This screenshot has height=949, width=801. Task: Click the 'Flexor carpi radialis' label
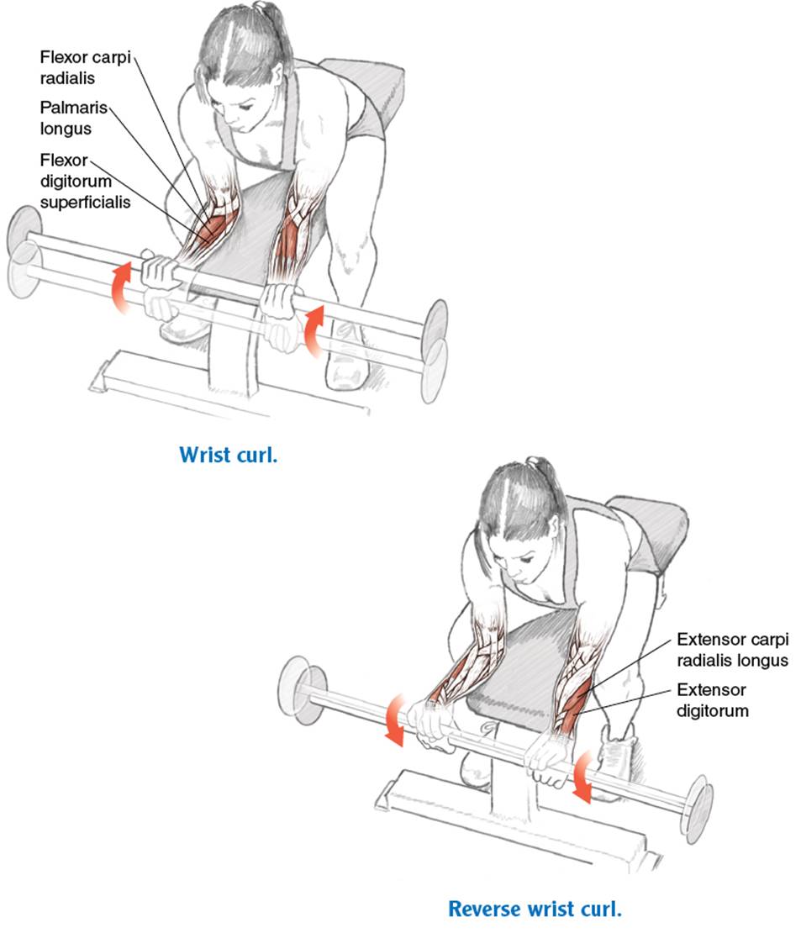point(85,67)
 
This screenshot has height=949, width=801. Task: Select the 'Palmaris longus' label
point(73,118)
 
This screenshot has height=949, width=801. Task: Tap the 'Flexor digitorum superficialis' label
point(85,181)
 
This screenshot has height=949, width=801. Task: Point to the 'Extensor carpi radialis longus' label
point(733,650)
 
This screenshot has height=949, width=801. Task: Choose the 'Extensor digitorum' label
point(712,699)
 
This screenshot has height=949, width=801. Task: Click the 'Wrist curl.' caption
point(228,455)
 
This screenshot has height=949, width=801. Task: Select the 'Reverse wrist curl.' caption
point(535,909)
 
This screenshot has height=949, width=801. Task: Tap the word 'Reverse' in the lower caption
point(485,909)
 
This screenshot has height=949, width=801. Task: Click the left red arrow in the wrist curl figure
point(120,288)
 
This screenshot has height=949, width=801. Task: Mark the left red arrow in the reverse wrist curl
point(394,720)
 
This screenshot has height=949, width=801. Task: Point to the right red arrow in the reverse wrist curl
point(582,778)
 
